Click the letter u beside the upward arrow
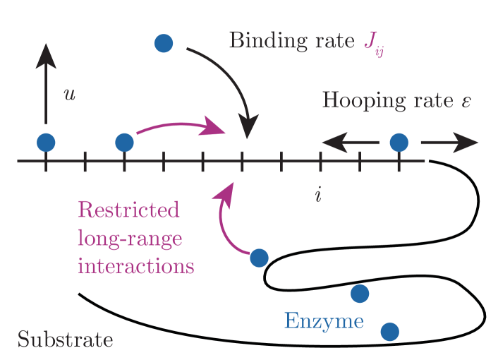69,94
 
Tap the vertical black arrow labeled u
46,85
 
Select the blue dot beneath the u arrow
46,143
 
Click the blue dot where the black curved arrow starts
164,44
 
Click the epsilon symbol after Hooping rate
466,102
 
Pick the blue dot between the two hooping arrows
399,143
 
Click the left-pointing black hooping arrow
350,144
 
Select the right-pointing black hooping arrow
449,143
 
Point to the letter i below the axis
318,194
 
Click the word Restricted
128,210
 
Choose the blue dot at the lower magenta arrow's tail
259,258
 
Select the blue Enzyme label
324,322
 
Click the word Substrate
65,340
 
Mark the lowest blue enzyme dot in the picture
389,331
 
